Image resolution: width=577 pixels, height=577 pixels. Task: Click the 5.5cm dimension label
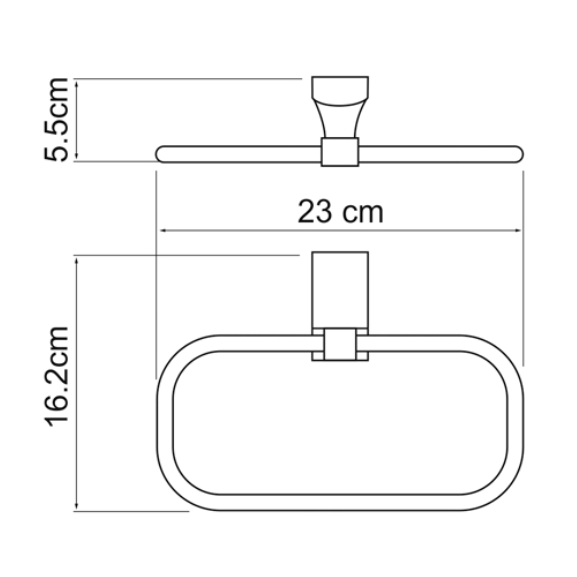click(56, 120)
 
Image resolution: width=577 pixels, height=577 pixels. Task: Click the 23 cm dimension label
click(340, 212)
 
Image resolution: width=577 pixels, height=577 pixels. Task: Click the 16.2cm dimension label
click(56, 376)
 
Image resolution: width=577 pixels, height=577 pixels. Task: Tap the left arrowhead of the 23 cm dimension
click(164, 230)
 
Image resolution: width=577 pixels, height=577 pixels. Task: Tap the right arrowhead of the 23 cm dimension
click(518, 230)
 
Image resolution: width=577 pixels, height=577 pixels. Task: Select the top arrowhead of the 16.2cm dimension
click(77, 261)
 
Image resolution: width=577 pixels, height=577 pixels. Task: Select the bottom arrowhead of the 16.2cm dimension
click(77, 505)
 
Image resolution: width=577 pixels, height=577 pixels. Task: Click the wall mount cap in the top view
click(340, 91)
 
